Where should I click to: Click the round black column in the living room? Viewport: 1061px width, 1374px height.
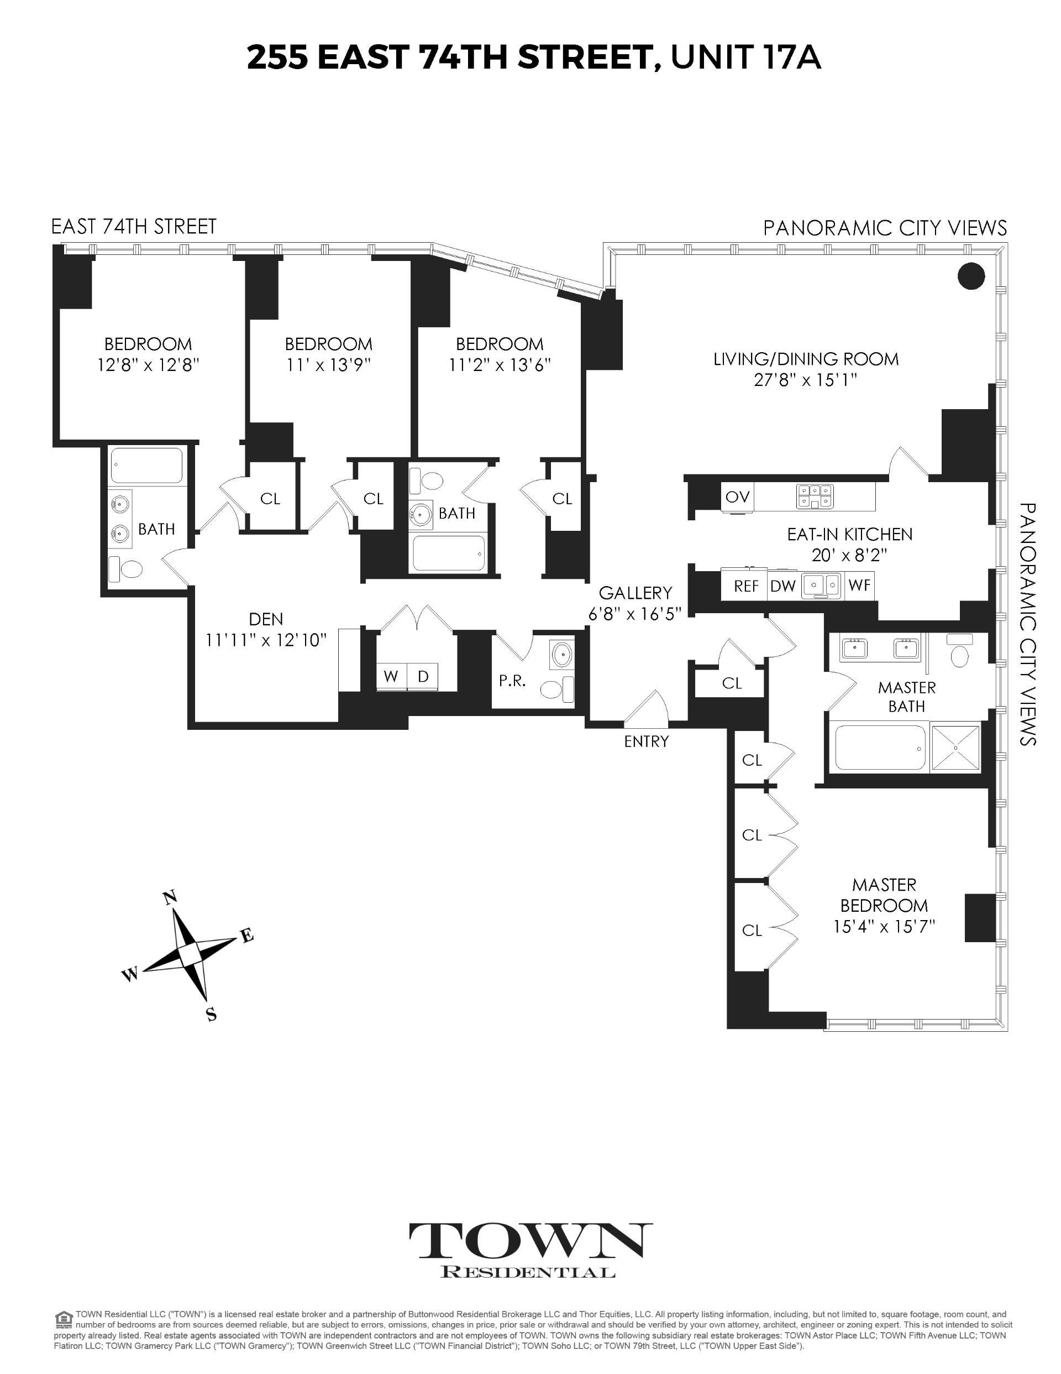pyautogui.click(x=971, y=275)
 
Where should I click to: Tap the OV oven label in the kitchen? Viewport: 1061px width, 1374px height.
pyautogui.click(x=737, y=497)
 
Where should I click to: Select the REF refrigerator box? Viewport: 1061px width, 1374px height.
pyautogui.click(x=746, y=586)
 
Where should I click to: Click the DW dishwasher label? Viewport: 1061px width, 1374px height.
pyautogui.click(x=783, y=586)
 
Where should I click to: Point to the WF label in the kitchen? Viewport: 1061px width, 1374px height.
pyautogui.click(x=859, y=585)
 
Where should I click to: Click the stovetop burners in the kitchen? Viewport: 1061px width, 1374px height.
pyautogui.click(x=815, y=496)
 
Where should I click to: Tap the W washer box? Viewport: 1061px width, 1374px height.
pyautogui.click(x=391, y=676)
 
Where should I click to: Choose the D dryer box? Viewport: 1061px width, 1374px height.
pyautogui.click(x=423, y=676)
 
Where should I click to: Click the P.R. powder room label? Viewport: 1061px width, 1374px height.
pyautogui.click(x=513, y=681)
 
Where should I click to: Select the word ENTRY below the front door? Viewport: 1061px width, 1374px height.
pyautogui.click(x=647, y=741)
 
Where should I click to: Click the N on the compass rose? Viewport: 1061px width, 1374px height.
pyautogui.click(x=169, y=898)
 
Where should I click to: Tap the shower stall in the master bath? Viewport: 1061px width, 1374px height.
pyautogui.click(x=955, y=747)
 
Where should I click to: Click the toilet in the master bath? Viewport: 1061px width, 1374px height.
pyautogui.click(x=959, y=650)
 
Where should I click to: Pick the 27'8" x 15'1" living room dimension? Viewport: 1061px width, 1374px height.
pyautogui.click(x=806, y=380)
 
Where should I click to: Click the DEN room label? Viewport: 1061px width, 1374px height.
pyautogui.click(x=266, y=619)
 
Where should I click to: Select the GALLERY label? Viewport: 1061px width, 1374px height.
pyautogui.click(x=635, y=593)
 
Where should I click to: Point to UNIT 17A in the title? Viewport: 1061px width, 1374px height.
pyautogui.click(x=745, y=58)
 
